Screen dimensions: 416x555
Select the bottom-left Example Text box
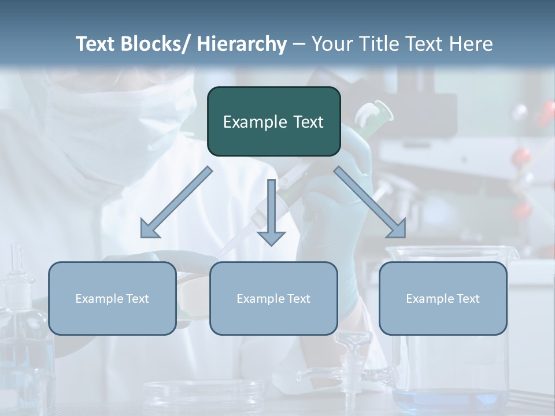click(112, 298)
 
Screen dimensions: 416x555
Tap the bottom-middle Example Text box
click(273, 298)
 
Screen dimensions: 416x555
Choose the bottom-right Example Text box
click(443, 298)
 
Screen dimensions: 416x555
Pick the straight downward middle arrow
click(271, 208)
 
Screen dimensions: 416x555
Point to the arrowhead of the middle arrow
click(271, 238)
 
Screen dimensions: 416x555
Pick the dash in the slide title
click(299, 44)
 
